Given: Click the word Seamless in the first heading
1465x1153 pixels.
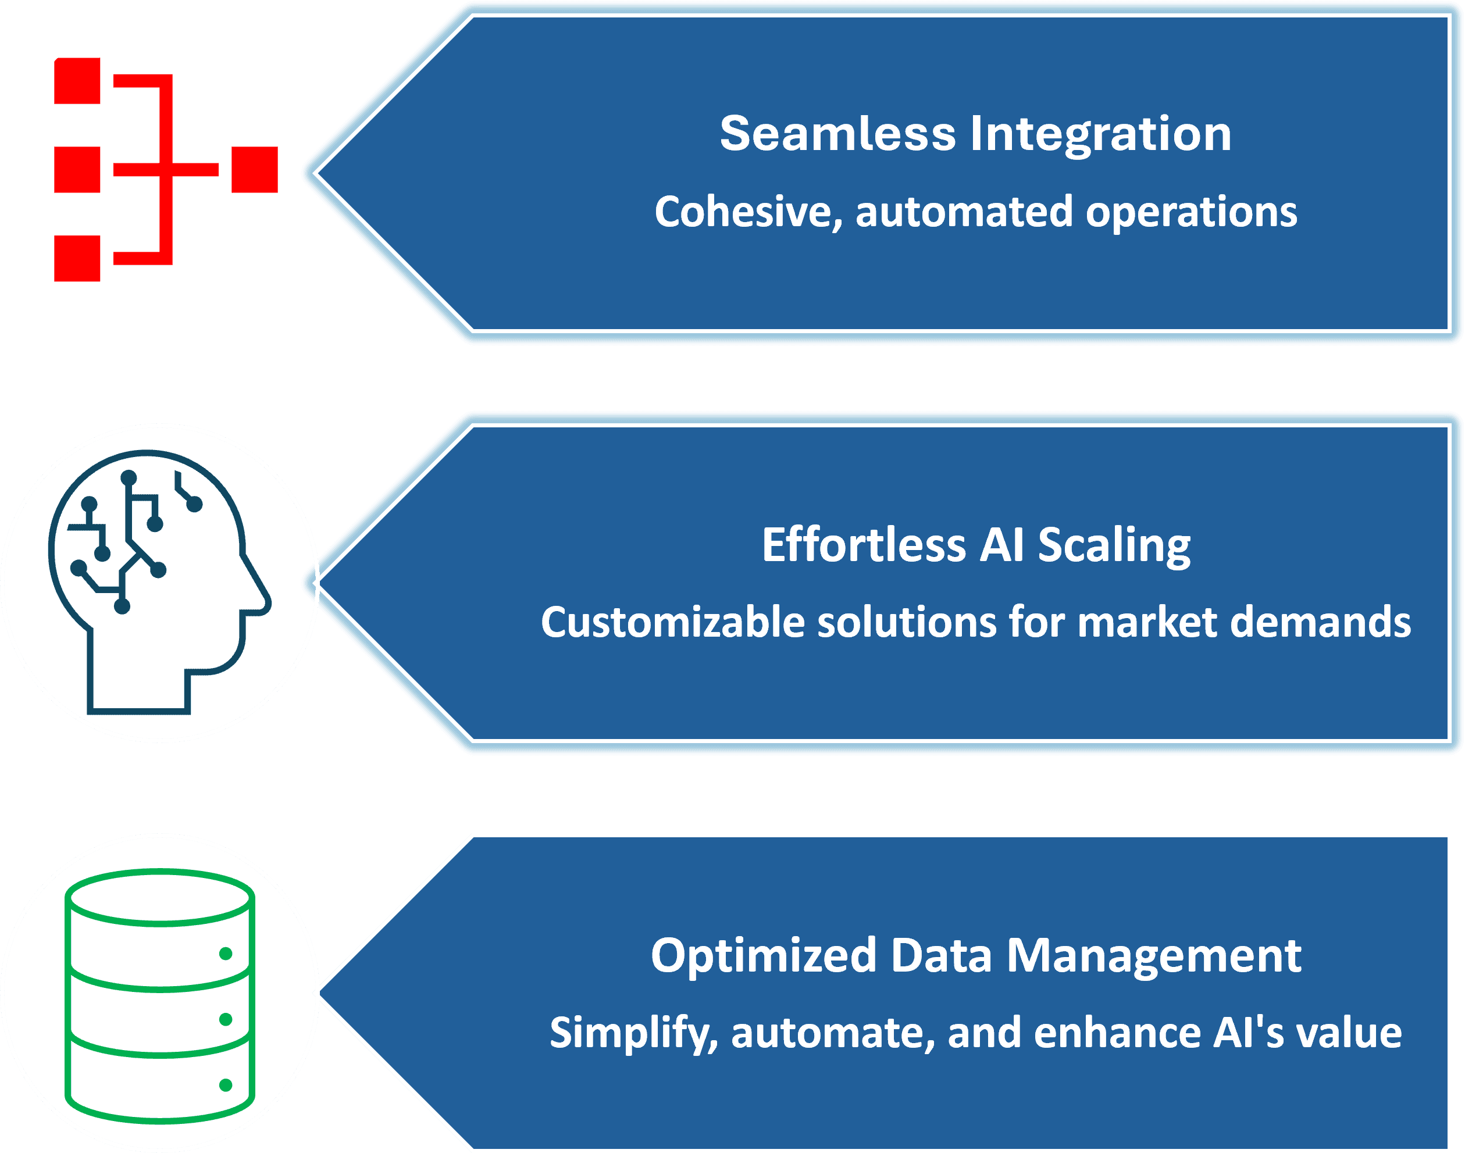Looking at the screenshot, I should point(837,134).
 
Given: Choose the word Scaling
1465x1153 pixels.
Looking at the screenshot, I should point(1114,545).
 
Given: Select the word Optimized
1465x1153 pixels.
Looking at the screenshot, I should point(763,956).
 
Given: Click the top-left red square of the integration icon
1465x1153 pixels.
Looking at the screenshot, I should point(77,81).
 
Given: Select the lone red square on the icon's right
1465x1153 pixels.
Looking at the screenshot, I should point(255,169).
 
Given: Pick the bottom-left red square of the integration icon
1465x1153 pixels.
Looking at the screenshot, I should point(77,259).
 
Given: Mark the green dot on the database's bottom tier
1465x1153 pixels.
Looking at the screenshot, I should point(226,1085).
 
